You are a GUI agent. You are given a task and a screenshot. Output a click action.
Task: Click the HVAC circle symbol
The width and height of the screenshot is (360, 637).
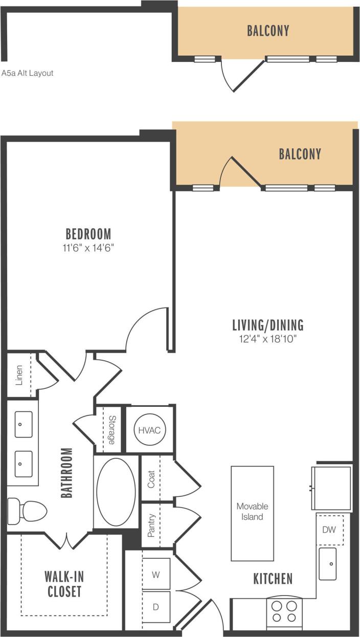149,430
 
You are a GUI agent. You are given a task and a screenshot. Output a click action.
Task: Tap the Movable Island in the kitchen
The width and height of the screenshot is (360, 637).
252,513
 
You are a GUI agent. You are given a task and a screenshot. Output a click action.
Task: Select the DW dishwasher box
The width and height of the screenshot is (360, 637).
329,530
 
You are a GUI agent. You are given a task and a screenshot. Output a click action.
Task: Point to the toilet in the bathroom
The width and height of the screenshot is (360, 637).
28,510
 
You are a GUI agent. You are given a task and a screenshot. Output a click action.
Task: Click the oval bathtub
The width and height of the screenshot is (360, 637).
116,492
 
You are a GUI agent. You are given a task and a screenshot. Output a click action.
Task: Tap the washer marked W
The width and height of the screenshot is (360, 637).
156,575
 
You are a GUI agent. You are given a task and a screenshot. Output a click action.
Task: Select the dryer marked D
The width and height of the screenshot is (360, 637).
156,607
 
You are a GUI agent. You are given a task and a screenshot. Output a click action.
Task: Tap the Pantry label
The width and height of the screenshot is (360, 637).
151,526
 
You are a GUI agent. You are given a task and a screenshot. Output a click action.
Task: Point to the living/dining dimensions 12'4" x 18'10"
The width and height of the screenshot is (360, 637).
267,338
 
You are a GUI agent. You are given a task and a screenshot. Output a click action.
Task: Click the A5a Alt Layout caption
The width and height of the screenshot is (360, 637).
28,73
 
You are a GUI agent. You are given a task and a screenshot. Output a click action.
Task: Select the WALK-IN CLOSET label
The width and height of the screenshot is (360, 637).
64,584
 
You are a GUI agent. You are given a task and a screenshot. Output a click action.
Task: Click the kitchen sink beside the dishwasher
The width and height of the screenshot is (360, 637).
328,564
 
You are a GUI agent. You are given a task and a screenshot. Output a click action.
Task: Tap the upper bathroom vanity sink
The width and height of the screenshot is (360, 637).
24,424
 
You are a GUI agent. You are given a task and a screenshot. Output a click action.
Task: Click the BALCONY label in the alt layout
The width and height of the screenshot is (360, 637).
268,31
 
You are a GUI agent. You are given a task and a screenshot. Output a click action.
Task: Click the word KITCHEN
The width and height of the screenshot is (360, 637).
273,579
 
